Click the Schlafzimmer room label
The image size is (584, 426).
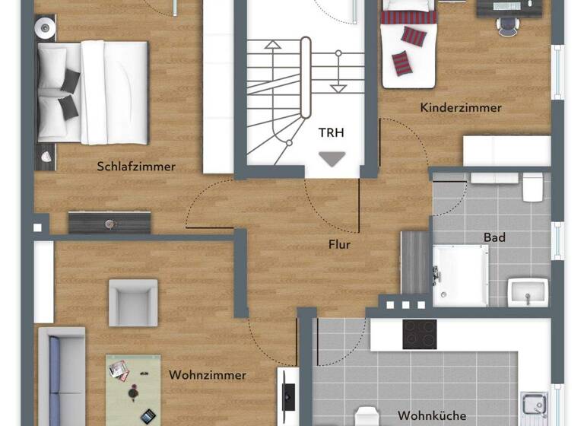[136, 166]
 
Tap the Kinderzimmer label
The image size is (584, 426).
[461, 108]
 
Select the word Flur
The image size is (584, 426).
[340, 244]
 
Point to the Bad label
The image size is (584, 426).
[494, 237]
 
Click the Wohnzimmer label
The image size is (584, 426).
[208, 375]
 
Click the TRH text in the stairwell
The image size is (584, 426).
[332, 132]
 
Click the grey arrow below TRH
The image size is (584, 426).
[332, 158]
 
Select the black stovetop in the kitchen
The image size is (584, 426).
[419, 334]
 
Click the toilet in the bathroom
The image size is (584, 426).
[532, 186]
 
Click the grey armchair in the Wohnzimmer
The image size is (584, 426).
[133, 302]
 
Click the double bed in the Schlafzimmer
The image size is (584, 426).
[91, 92]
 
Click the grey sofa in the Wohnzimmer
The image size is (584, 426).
[61, 377]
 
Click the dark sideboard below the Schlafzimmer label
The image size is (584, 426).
[109, 222]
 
